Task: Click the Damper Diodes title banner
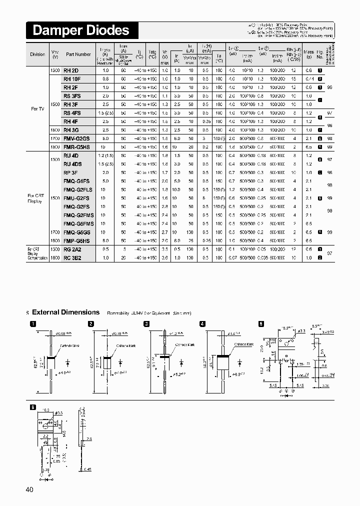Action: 81,30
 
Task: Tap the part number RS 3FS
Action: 72,96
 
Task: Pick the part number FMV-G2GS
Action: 76,138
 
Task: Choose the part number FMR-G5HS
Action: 76,147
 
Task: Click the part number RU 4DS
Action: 72,164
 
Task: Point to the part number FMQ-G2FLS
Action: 78,189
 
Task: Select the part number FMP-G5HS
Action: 76,240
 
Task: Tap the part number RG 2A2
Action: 72,249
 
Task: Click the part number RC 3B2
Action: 72,257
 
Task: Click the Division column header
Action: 37,54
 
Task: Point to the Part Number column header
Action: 78,54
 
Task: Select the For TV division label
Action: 37,108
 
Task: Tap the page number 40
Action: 29,489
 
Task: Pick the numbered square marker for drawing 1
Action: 32,324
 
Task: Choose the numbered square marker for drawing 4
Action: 201,324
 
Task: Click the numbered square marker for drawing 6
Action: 32,407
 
